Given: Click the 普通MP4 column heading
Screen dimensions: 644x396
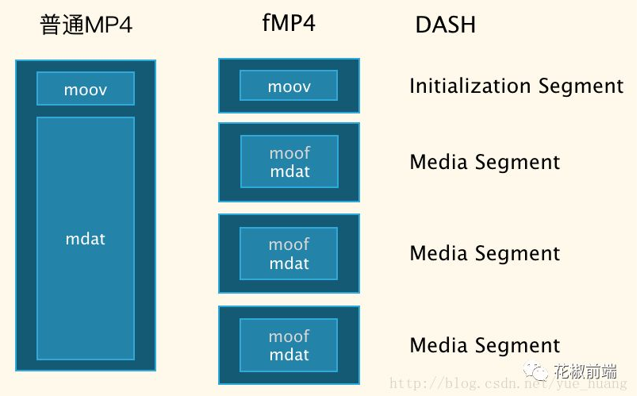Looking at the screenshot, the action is coord(86,25).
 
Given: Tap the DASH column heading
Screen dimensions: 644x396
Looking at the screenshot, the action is coord(446,25).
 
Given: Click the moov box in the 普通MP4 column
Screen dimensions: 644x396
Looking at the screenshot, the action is coord(86,88).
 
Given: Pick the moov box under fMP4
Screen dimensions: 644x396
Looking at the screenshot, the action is coord(289,86).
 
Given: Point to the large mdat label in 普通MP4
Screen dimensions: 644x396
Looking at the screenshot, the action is coord(86,239).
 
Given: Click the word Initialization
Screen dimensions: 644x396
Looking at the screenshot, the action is coord(470,86).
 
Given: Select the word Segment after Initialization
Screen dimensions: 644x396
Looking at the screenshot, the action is coord(581,87).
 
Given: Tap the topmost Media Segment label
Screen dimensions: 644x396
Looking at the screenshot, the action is coord(485,162).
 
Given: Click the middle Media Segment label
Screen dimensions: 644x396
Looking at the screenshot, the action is coord(485,253).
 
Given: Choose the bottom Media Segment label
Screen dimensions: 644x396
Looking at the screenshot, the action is coord(485,345).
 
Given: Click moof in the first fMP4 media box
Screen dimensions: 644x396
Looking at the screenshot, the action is coord(289,153).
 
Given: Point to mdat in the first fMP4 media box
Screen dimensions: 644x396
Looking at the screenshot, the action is coord(289,171).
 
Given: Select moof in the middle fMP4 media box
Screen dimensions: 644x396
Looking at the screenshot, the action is coord(289,244).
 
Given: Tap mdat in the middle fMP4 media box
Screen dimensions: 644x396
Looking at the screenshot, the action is coord(289,263).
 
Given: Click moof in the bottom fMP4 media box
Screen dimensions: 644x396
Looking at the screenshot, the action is coord(289,336).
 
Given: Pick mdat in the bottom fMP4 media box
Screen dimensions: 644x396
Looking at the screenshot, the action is coord(289,355).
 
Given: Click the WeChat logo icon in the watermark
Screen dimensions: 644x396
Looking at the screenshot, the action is coord(535,371).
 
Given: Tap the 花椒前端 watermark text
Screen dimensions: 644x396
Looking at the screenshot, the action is coord(585,371).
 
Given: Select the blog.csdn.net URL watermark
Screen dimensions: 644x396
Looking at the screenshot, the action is coord(508,383).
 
